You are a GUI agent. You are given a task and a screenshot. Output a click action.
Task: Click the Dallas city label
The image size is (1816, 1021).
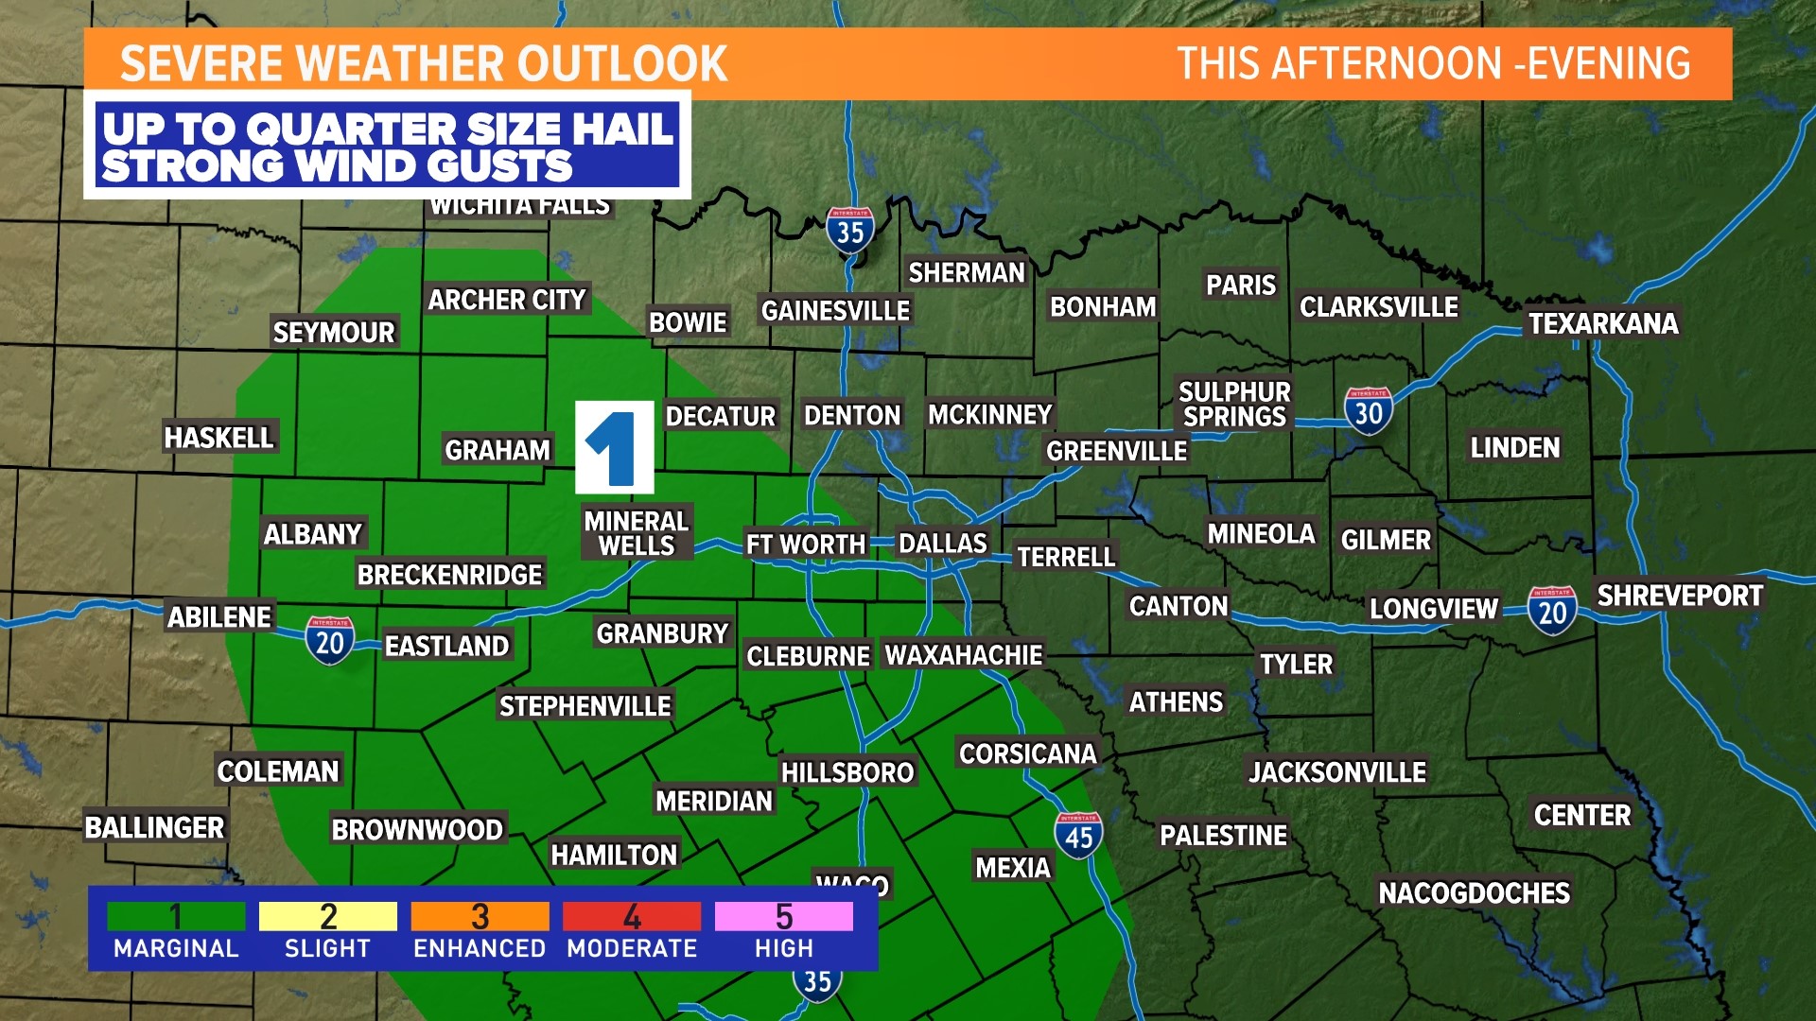[942, 544]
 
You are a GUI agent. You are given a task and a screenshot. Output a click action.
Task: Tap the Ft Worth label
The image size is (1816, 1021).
[805, 545]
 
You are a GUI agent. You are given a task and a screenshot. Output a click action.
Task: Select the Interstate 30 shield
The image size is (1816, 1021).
[1368, 411]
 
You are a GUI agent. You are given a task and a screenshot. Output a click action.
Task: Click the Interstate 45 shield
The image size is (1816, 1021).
[1078, 836]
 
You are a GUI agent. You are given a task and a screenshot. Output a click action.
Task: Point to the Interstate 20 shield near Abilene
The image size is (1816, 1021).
[329, 641]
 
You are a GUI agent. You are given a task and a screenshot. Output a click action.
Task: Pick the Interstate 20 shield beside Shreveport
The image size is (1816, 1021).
[1552, 611]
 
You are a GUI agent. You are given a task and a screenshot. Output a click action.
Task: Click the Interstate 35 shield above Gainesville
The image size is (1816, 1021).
[849, 230]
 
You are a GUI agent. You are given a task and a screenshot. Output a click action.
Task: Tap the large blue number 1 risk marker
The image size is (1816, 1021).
[615, 447]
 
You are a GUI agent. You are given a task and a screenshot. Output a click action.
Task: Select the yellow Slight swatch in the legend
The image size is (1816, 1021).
[327, 916]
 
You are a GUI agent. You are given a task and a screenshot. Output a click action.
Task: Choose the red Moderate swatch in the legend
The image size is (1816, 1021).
[632, 916]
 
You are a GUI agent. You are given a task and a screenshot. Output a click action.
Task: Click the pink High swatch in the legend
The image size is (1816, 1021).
[783, 916]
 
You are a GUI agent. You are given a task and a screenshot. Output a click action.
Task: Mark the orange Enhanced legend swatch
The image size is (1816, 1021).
[480, 916]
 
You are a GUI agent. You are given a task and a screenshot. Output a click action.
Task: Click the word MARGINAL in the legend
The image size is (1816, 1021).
[176, 948]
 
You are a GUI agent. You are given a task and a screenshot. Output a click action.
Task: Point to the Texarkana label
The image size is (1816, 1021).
[1603, 323]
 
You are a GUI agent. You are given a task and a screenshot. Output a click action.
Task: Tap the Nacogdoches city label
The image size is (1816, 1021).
[1474, 892]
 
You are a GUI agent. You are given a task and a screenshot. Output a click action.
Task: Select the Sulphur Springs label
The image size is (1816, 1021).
[1234, 405]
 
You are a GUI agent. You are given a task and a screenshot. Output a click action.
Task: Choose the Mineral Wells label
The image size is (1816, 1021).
[637, 533]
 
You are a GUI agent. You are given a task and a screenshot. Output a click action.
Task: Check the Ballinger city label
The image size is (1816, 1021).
[155, 827]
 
